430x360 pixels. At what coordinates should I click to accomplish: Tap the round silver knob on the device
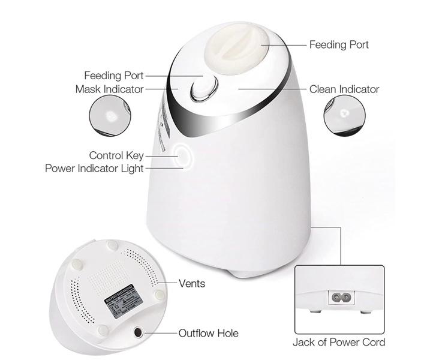[x=202, y=91]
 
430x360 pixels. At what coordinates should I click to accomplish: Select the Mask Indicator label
[x=109, y=89]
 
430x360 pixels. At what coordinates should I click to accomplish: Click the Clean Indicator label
[x=344, y=89]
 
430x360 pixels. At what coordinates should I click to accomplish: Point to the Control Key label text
[x=116, y=155]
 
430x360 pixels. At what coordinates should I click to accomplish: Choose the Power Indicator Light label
[x=94, y=169]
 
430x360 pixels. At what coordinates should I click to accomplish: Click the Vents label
[x=192, y=283]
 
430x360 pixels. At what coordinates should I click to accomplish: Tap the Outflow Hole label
[x=208, y=333]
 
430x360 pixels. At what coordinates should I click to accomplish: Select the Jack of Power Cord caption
[x=339, y=343]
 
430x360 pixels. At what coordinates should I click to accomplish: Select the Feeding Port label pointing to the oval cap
[x=339, y=45]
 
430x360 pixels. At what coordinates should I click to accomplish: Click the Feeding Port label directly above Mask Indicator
[x=114, y=76]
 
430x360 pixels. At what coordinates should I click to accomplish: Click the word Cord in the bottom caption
[x=372, y=343]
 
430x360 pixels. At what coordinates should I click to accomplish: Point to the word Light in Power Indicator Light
[x=132, y=169]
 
